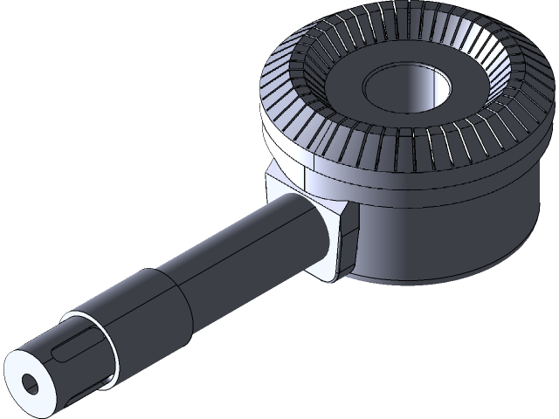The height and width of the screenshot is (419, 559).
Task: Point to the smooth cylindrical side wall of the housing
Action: pyautogui.click(x=445, y=227)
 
